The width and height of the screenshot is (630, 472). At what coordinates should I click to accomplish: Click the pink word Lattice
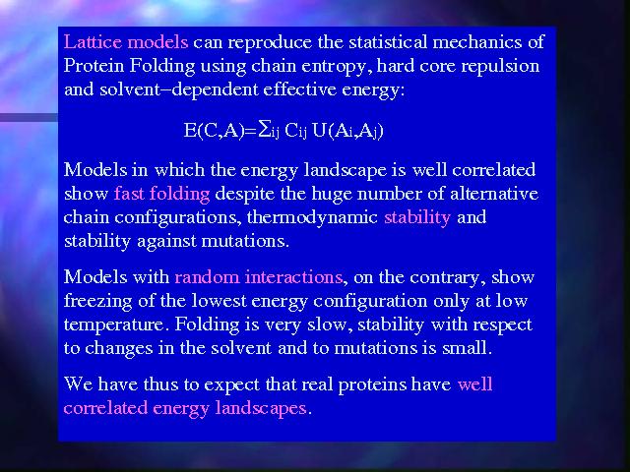tap(93, 41)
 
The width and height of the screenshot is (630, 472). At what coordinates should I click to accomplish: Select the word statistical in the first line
tap(388, 41)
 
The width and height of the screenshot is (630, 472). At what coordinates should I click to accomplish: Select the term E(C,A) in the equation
tap(215, 131)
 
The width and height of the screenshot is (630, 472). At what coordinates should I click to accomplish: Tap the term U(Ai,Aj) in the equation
tap(347, 131)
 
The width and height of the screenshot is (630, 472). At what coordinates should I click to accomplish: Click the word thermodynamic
tap(312, 218)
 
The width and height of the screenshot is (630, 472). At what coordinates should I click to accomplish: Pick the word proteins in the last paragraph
tap(372, 385)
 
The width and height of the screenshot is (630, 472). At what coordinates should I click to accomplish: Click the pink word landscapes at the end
tap(261, 409)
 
